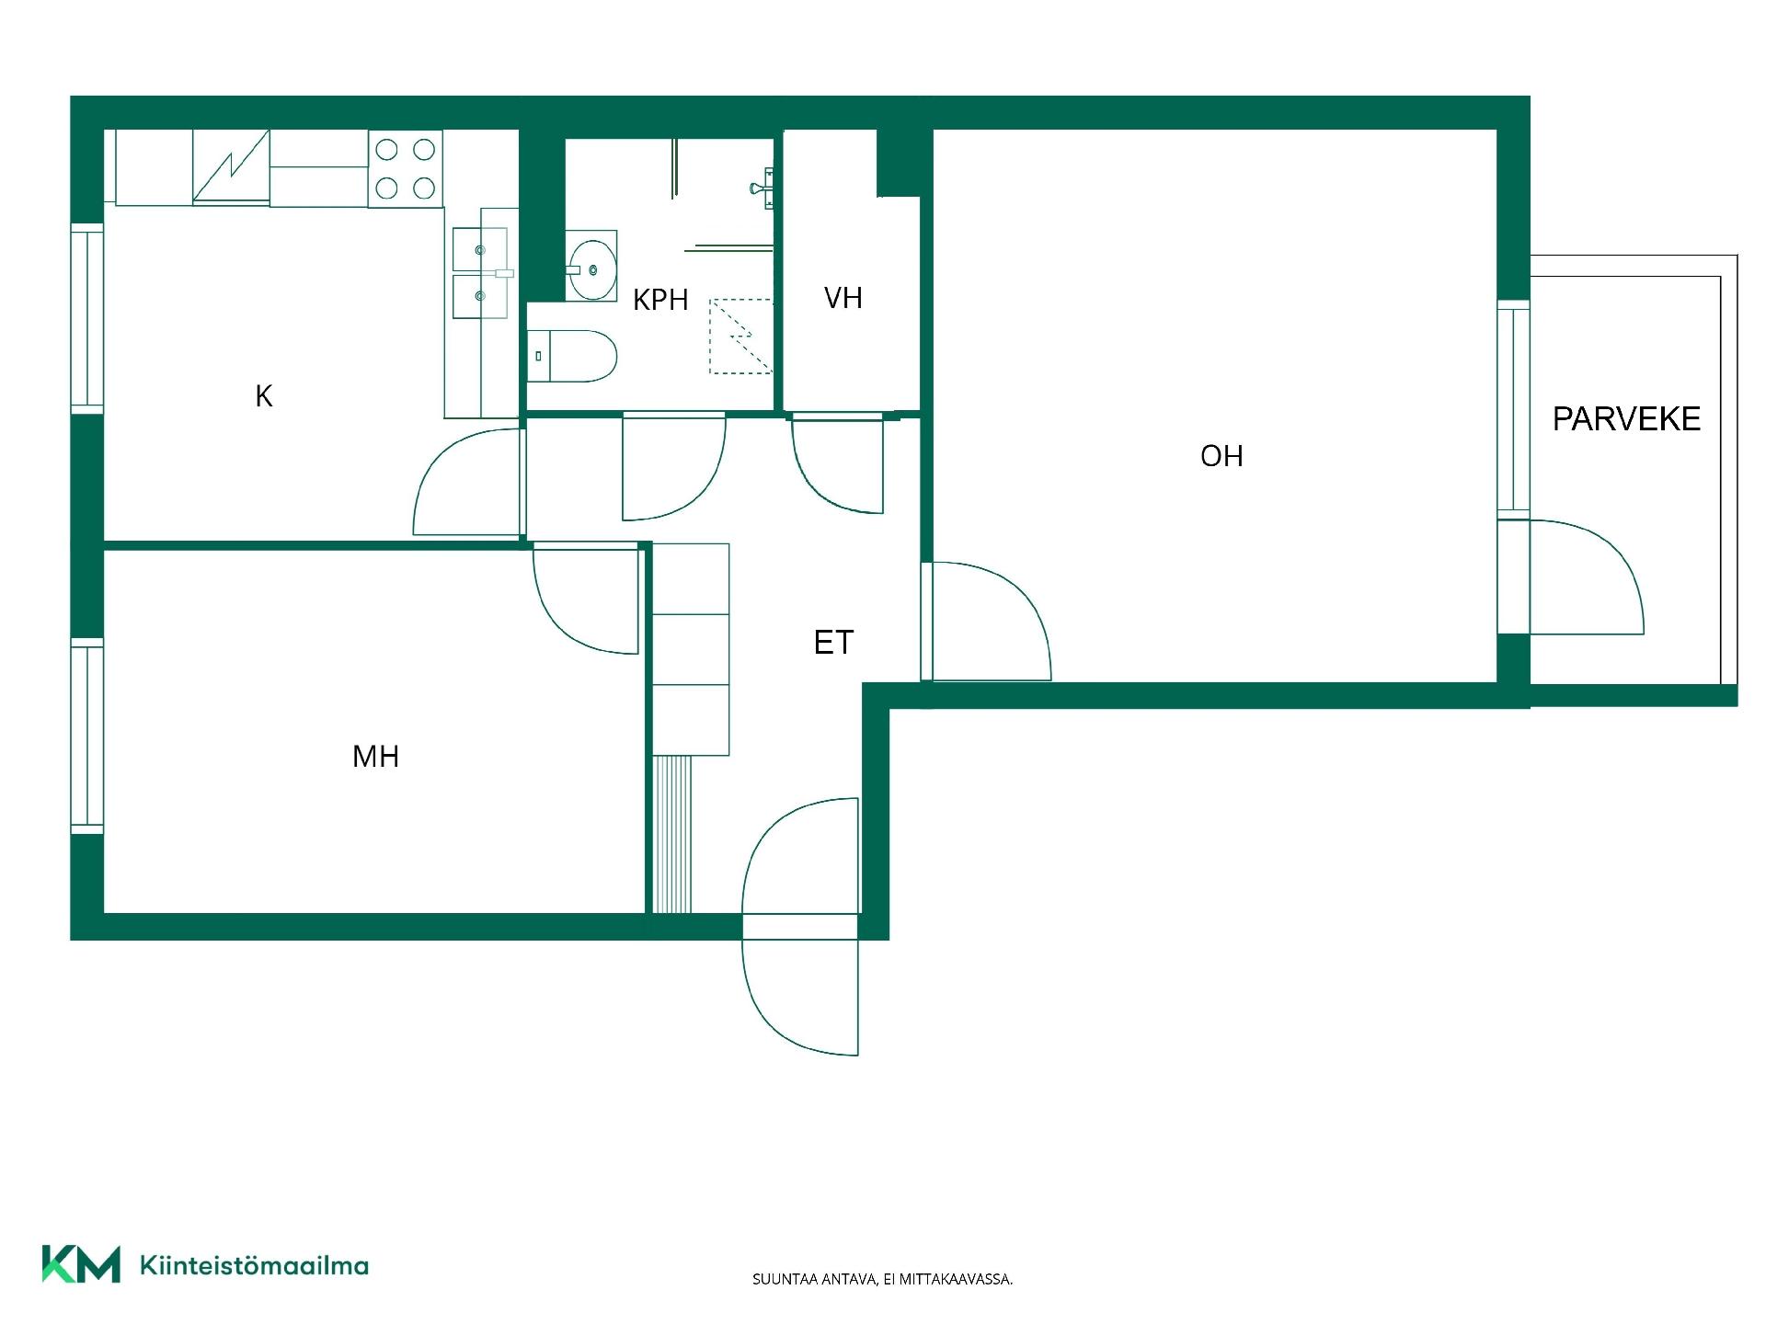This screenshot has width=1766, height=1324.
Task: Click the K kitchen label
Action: [x=264, y=396]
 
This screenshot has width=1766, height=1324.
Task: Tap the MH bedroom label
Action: [x=375, y=757]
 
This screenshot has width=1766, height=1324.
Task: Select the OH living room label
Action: [x=1221, y=456]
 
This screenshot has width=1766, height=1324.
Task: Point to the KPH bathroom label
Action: [x=660, y=300]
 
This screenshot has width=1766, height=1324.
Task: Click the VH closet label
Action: [x=843, y=298]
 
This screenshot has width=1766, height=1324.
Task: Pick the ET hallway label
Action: [x=834, y=642]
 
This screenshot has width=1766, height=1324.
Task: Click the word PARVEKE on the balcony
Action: [x=1626, y=419]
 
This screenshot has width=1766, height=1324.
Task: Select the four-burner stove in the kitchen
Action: [x=406, y=168]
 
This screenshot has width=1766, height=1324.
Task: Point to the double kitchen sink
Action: [x=480, y=273]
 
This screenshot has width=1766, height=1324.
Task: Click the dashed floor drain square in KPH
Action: [x=740, y=337]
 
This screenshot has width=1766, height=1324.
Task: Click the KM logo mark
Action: [x=81, y=1263]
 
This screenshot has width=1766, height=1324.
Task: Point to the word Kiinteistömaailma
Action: [x=254, y=1265]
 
